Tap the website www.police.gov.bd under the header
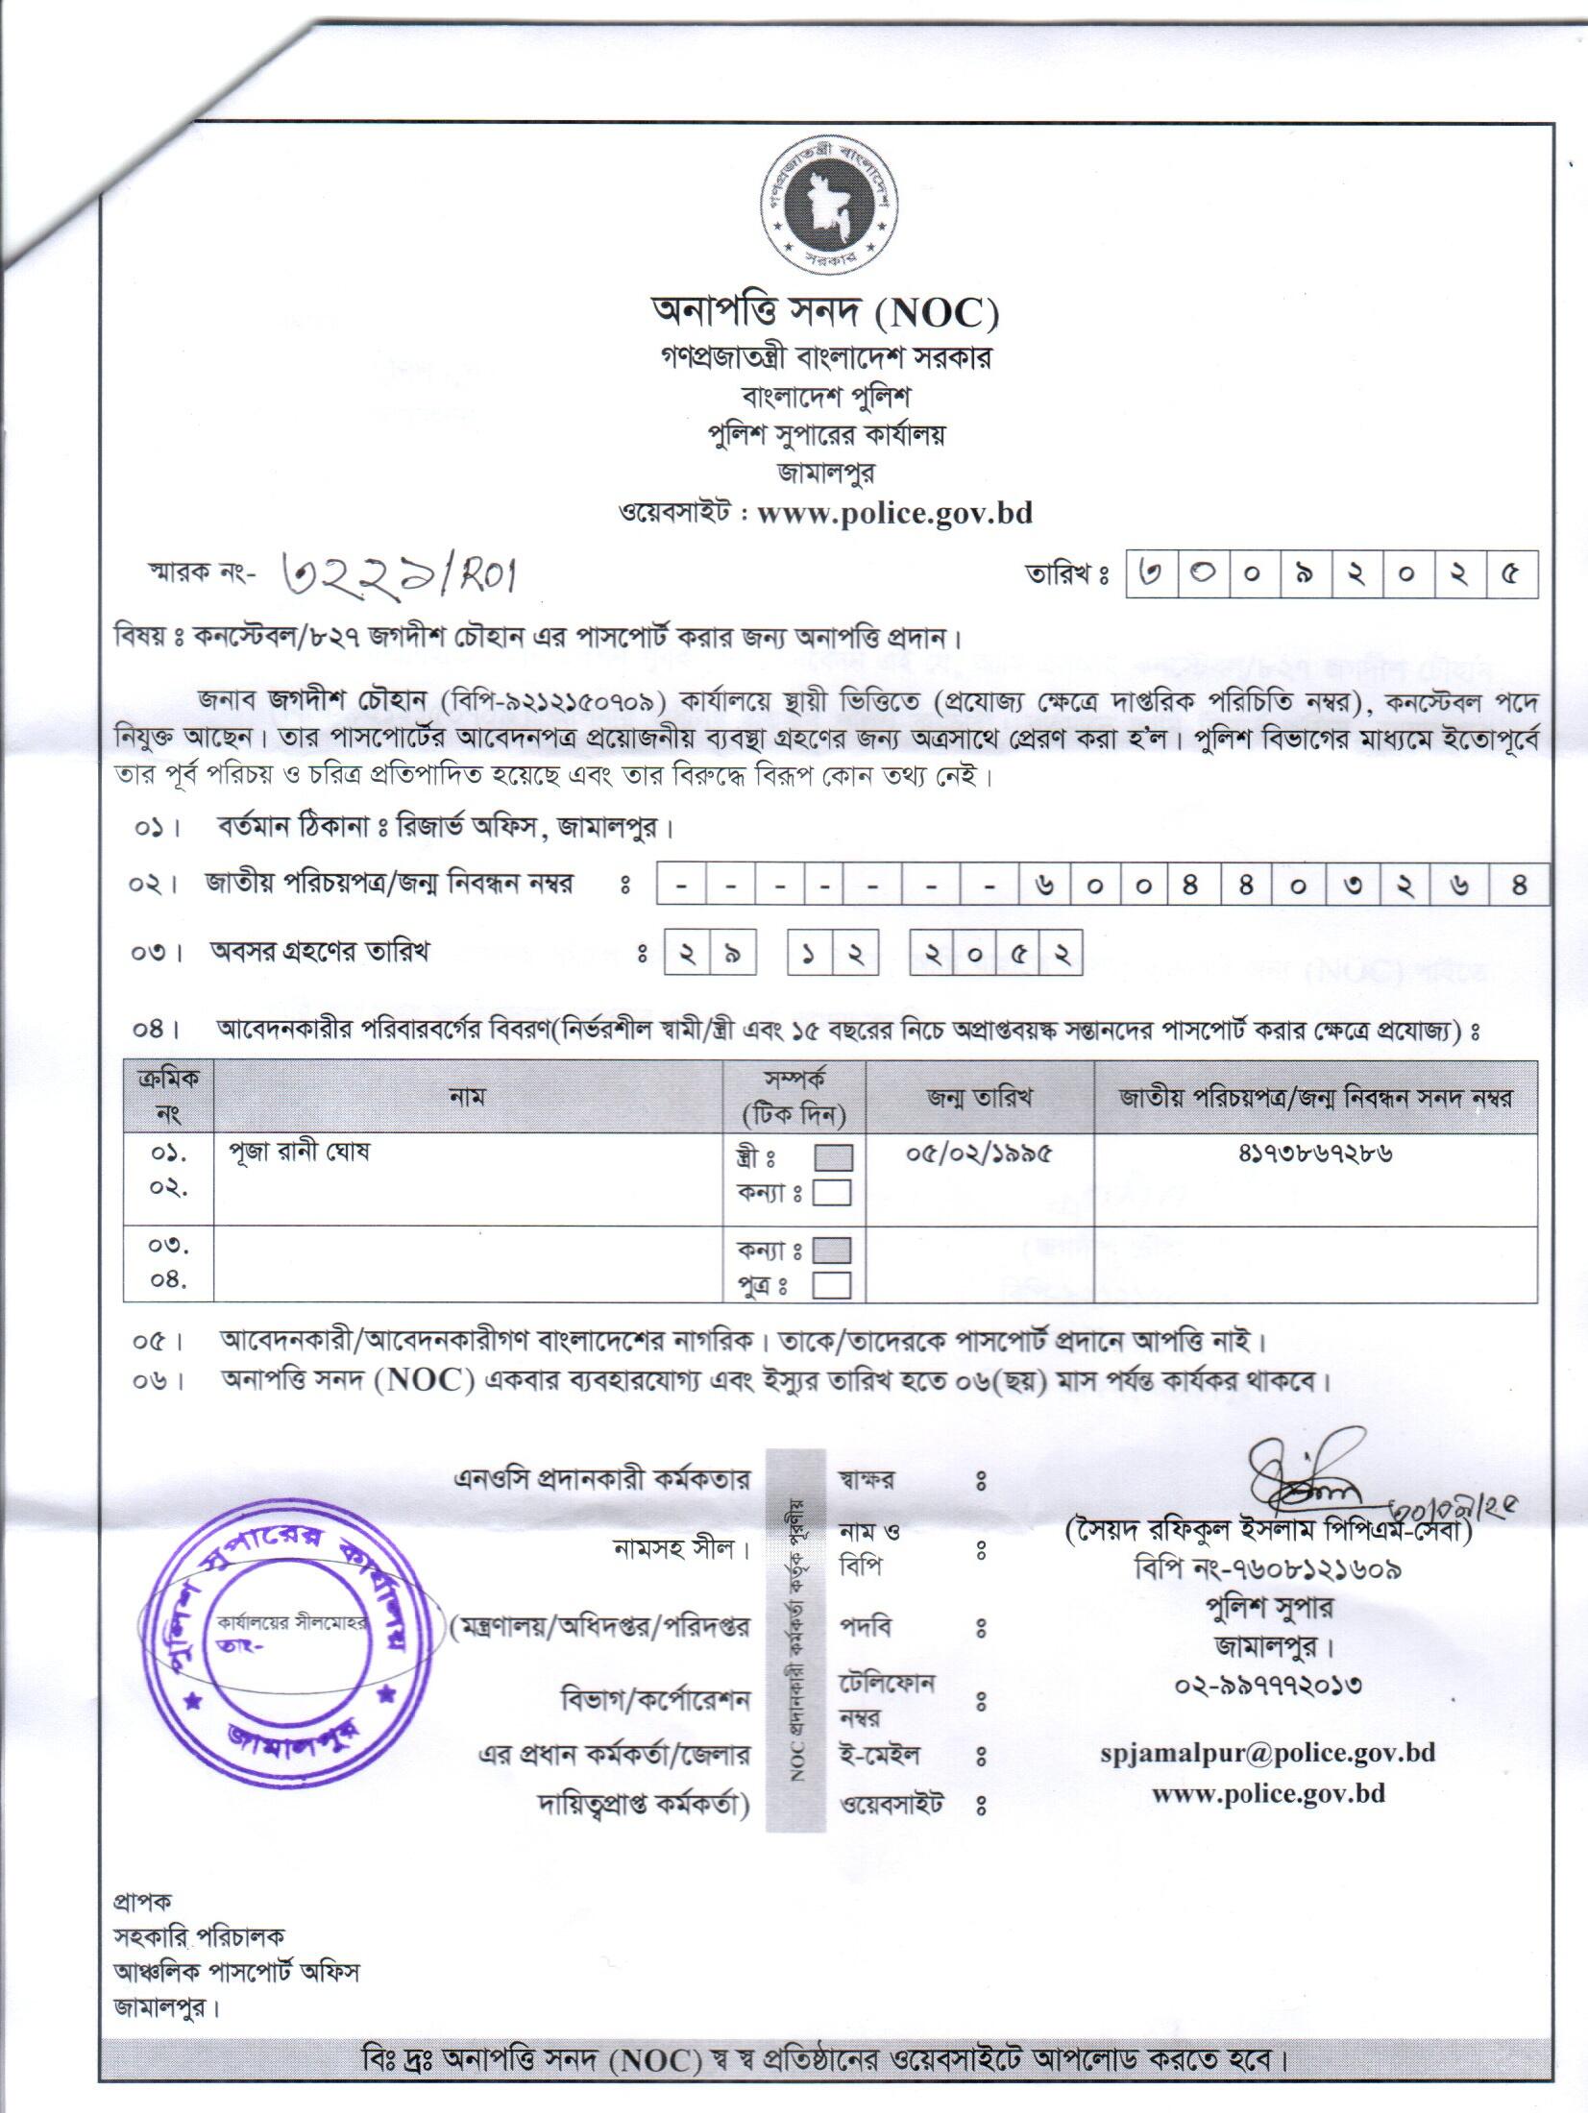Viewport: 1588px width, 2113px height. pyautogui.click(x=894, y=513)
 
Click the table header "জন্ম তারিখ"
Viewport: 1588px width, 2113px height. pyautogui.click(x=979, y=1098)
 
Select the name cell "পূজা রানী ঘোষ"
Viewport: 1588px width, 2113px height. pyautogui.click(x=299, y=1153)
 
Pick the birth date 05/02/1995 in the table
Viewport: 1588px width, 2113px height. pyautogui.click(x=979, y=1153)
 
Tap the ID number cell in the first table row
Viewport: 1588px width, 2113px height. pyautogui.click(x=1315, y=1153)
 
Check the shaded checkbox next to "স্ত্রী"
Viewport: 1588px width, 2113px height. pyautogui.click(x=832, y=1158)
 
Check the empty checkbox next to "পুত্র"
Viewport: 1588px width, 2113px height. pyautogui.click(x=832, y=1285)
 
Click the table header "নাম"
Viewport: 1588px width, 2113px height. pyautogui.click(x=467, y=1097)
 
